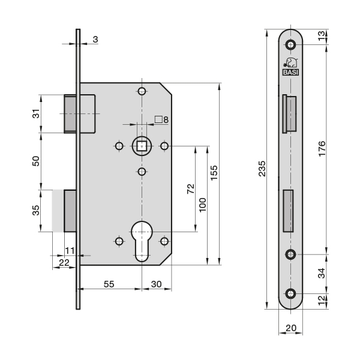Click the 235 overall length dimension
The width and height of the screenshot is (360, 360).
click(262, 169)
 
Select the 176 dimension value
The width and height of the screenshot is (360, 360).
click(322, 149)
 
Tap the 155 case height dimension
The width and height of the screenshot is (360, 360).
click(214, 173)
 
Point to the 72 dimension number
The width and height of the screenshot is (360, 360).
click(191, 189)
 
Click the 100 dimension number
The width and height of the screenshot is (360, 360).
click(203, 205)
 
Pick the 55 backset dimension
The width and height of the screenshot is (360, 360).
click(109, 284)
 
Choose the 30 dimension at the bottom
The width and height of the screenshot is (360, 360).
click(157, 284)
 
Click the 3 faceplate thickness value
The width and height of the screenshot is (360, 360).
click(95, 40)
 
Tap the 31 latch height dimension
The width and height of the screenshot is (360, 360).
click(36, 113)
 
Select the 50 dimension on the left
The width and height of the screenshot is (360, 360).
click(36, 161)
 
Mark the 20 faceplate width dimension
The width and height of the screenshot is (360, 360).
click(291, 328)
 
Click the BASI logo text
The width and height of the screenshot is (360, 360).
click(290, 73)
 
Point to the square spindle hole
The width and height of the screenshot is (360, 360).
click(142, 146)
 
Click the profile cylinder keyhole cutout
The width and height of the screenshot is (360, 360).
click(142, 241)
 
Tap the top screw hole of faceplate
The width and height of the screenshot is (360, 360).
click(290, 44)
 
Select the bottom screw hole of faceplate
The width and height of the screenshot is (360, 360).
click(290, 293)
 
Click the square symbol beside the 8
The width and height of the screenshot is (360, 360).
click(158, 119)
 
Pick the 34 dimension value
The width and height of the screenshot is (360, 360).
click(322, 273)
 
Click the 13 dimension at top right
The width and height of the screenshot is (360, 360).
click(322, 35)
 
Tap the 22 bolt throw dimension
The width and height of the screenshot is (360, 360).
click(64, 263)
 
